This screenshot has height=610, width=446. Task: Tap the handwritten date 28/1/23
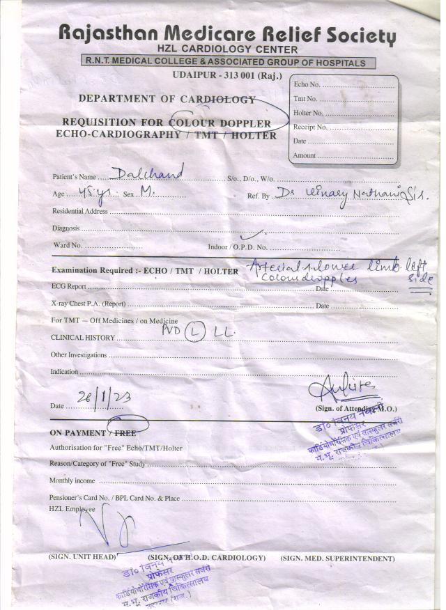coord(114,398)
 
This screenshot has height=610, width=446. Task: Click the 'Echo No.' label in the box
coord(307,84)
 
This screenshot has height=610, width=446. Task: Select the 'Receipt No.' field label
coord(311,127)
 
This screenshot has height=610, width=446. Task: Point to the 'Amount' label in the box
coord(305,156)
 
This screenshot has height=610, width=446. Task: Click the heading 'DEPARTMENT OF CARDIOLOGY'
coord(167,99)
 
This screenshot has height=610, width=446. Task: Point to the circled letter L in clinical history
coord(195,334)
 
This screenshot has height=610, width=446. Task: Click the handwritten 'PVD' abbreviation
coord(171,331)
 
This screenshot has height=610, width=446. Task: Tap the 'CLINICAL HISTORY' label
coord(82,338)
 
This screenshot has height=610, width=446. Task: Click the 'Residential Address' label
coord(79,211)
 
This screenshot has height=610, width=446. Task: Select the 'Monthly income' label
coord(72,481)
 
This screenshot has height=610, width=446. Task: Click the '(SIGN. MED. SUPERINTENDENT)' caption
coord(337,558)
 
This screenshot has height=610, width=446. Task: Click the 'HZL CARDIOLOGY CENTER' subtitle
coord(227,49)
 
